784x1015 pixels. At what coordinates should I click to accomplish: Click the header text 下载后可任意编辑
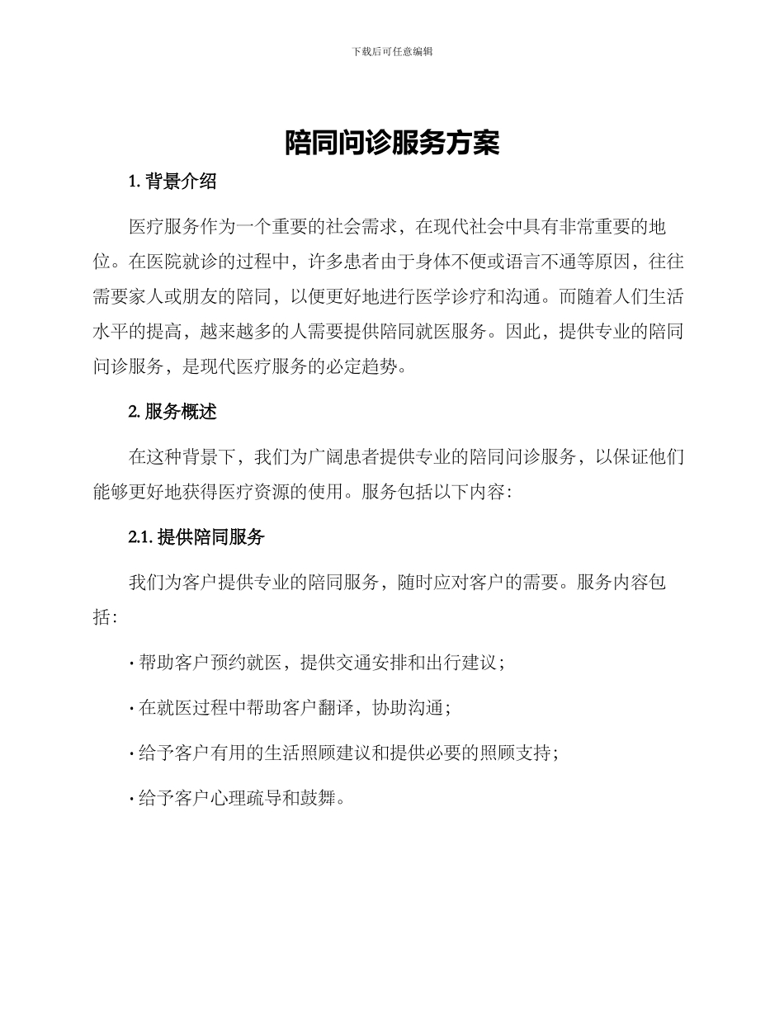coord(392,51)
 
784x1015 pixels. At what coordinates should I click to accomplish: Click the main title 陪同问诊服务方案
coord(392,143)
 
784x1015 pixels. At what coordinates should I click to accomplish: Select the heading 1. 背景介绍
coord(172,182)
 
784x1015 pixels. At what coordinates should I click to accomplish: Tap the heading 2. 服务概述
coord(172,412)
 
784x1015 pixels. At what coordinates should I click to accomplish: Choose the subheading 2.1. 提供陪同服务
coord(196,537)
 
